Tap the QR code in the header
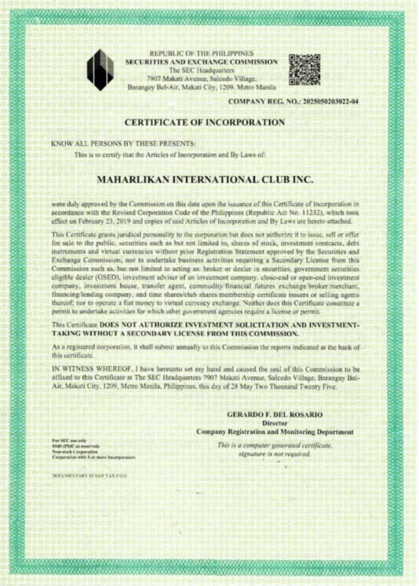point(304,70)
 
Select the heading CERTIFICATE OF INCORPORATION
point(205,122)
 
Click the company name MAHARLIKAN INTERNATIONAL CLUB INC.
point(205,180)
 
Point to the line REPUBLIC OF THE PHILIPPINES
point(202,54)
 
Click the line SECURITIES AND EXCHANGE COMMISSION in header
point(202,62)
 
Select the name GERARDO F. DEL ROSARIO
point(274,415)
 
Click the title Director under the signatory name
point(274,423)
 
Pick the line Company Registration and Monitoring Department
point(274,432)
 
